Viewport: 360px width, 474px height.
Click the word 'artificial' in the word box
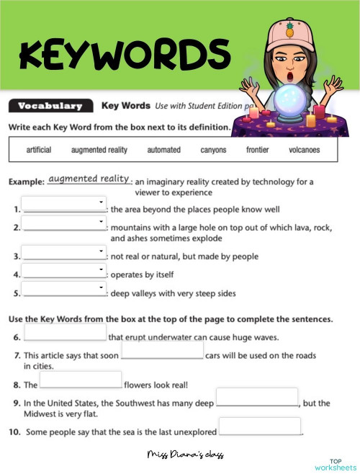click(38, 150)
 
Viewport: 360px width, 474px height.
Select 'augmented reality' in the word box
click(99, 150)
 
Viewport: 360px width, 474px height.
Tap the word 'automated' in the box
click(163, 150)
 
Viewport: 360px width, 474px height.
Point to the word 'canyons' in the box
click(213, 150)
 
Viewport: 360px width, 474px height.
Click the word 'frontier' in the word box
click(257, 150)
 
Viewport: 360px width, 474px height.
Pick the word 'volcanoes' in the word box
click(304, 150)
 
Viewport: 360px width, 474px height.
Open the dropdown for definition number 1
click(64, 205)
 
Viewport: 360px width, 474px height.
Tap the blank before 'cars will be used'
click(162, 351)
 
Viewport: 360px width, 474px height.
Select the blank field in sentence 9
click(257, 397)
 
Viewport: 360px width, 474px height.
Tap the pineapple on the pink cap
click(290, 30)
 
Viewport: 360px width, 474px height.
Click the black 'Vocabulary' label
click(50, 106)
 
